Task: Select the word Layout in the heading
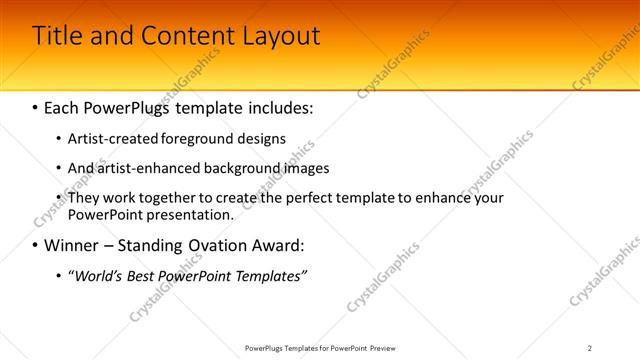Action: tap(280, 36)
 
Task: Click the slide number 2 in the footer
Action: tap(589, 348)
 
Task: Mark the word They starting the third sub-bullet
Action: tap(85, 199)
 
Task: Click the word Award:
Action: tap(275, 245)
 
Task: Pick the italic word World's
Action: tap(103, 276)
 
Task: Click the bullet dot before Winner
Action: tap(35, 245)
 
